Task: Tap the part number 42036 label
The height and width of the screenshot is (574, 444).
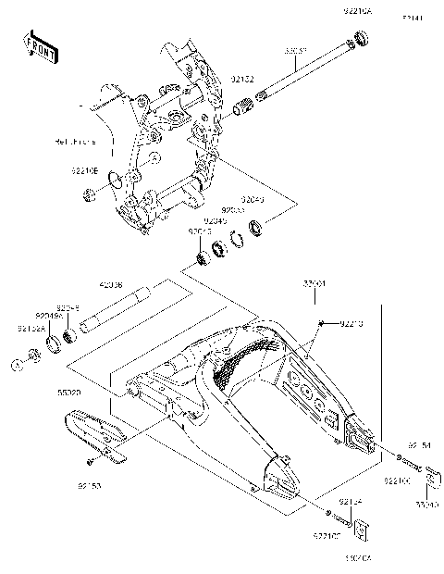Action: coord(112,287)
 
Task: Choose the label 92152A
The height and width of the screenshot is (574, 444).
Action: coord(29,328)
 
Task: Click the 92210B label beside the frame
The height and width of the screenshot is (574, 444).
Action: coord(83,170)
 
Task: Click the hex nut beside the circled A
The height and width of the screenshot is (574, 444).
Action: coord(33,354)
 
